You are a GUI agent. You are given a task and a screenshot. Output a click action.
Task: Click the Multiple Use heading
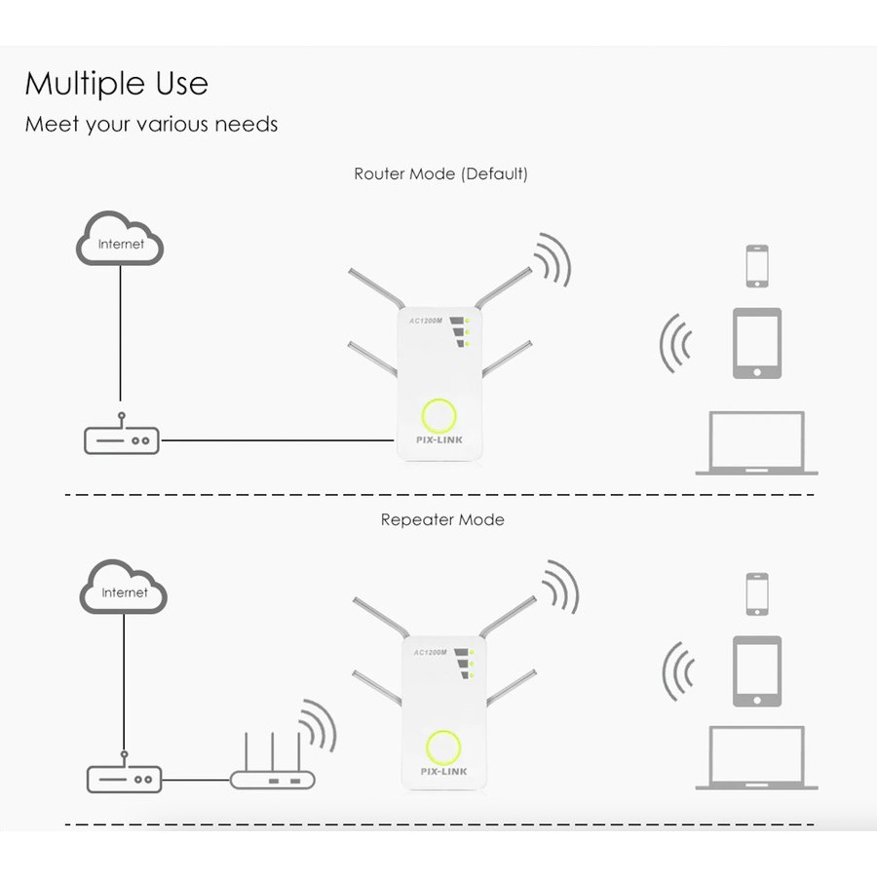click(x=116, y=84)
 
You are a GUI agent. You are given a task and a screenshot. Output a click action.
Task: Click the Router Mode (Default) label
click(x=440, y=174)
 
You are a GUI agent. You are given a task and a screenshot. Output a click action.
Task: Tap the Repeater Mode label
click(x=442, y=520)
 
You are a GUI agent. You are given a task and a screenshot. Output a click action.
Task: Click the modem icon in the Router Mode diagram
click(x=121, y=439)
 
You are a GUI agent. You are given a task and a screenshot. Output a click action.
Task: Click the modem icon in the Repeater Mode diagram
click(x=124, y=779)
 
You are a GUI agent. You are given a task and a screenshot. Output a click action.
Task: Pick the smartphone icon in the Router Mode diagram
click(x=757, y=266)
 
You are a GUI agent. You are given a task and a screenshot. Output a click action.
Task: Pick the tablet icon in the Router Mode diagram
click(x=757, y=343)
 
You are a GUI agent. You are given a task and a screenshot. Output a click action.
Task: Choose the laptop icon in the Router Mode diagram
click(x=756, y=443)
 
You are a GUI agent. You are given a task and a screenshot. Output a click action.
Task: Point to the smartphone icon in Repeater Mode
click(x=757, y=594)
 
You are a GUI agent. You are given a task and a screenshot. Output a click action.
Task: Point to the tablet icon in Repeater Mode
click(x=757, y=671)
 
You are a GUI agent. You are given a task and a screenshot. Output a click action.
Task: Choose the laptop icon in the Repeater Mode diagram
click(x=756, y=758)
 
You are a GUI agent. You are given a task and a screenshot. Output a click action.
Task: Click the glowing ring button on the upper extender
click(x=438, y=416)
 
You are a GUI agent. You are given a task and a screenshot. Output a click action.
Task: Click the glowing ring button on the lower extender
click(x=443, y=747)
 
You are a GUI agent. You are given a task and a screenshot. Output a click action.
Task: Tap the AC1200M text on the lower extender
click(x=430, y=652)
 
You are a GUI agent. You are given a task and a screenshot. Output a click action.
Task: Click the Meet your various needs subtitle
click(x=151, y=125)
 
